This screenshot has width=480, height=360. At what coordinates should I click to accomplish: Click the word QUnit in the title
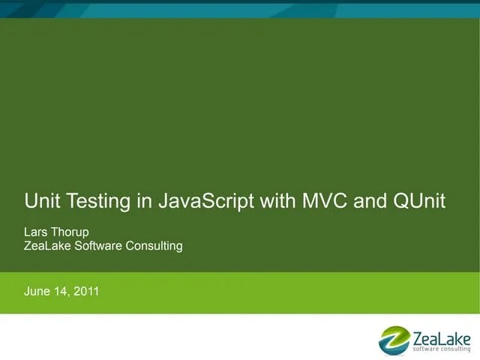pyautogui.click(x=418, y=201)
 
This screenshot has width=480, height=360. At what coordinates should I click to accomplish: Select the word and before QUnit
pyautogui.click(x=370, y=201)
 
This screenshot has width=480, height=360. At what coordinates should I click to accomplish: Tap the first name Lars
pyautogui.click(x=36, y=232)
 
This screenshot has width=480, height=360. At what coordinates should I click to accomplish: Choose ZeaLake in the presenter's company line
pyautogui.click(x=47, y=245)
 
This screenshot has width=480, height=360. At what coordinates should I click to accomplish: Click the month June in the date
pyautogui.click(x=37, y=291)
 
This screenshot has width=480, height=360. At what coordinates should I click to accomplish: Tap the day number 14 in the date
pyautogui.click(x=61, y=291)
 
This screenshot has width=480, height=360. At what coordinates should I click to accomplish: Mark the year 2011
pyautogui.click(x=85, y=291)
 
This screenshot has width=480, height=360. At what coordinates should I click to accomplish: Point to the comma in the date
pyautogui.click(x=70, y=295)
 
